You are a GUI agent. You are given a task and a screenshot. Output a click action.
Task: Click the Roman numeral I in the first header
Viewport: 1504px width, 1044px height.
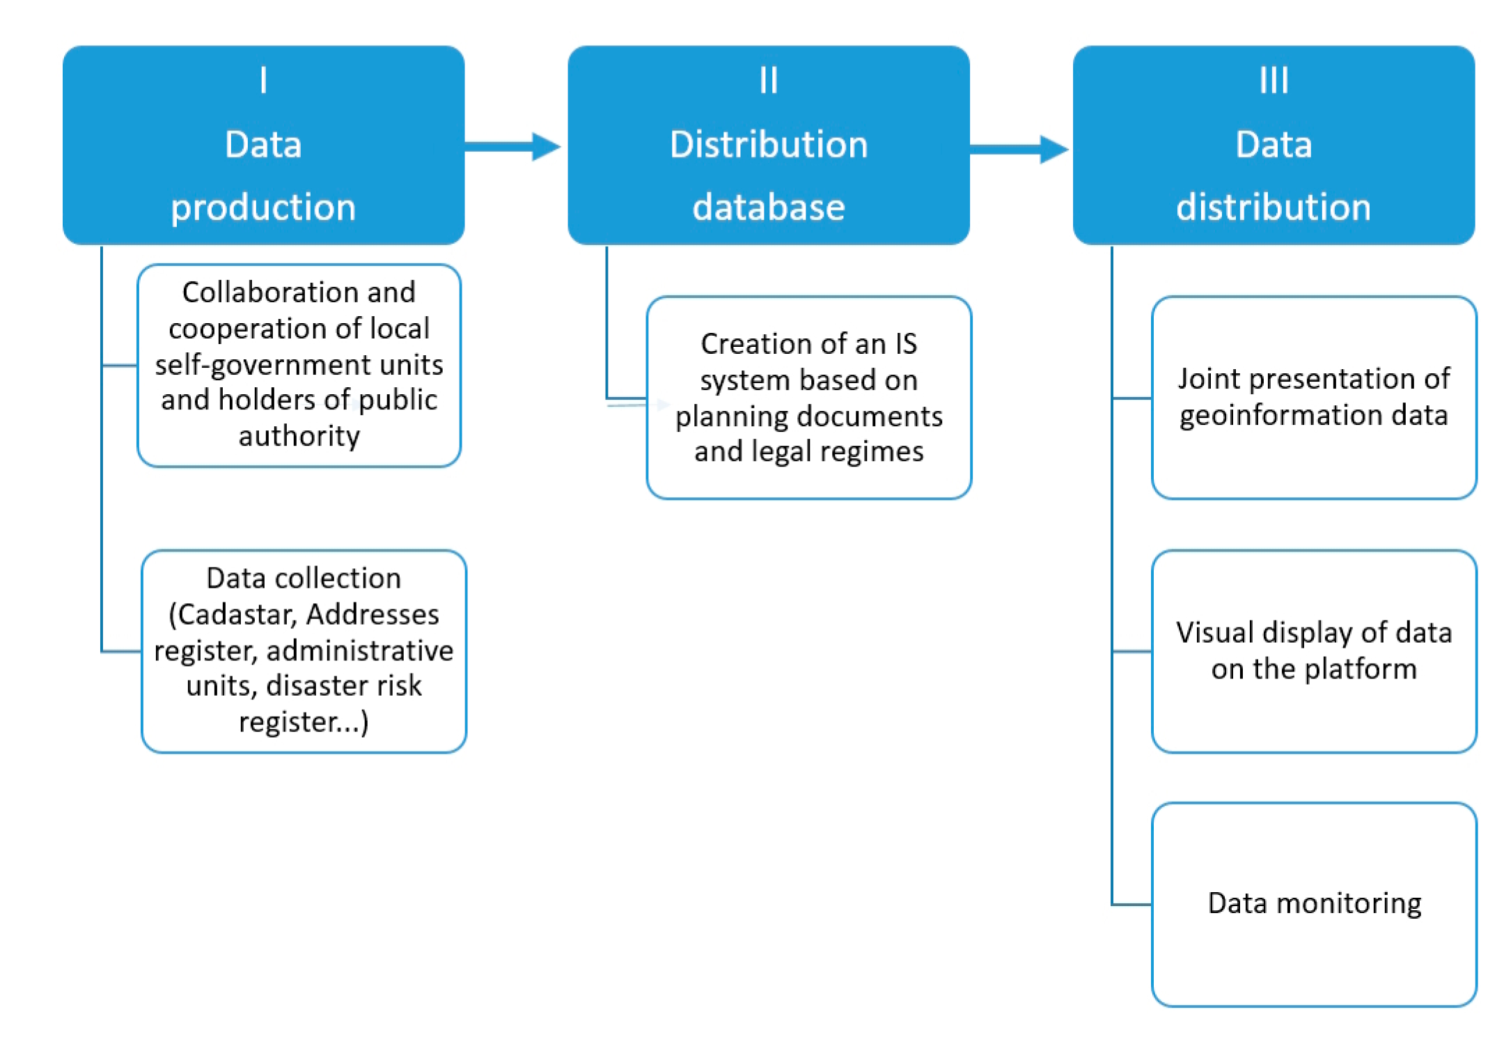click(x=263, y=80)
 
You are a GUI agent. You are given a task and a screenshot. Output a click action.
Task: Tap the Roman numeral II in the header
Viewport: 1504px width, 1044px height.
click(x=768, y=80)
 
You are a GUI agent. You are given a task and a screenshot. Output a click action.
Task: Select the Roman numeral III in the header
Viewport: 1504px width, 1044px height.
click(x=1274, y=80)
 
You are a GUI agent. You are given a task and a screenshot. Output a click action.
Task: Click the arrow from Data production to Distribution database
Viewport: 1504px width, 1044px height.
click(x=512, y=146)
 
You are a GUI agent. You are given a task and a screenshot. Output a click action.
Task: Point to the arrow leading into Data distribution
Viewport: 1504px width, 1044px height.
click(x=1019, y=149)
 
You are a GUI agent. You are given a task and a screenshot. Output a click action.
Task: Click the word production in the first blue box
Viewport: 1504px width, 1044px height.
click(x=263, y=208)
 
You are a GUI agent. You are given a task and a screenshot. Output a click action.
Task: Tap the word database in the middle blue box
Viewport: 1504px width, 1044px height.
click(x=768, y=208)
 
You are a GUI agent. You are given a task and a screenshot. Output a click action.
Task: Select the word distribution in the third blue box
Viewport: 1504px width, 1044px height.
click(x=1274, y=208)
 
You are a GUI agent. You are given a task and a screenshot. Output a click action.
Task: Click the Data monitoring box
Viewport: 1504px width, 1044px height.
click(x=1314, y=903)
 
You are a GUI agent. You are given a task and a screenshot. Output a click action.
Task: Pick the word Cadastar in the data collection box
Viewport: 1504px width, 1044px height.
click(x=237, y=614)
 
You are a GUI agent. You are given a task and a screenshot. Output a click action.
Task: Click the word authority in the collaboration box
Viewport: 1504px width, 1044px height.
click(x=299, y=436)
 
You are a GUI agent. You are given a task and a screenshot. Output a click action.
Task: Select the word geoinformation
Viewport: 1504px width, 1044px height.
click(x=1280, y=416)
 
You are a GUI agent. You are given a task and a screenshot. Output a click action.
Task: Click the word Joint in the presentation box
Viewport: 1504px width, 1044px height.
click(x=1209, y=379)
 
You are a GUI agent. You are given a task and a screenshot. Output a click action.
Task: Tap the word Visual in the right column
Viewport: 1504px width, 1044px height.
click(x=1215, y=632)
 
